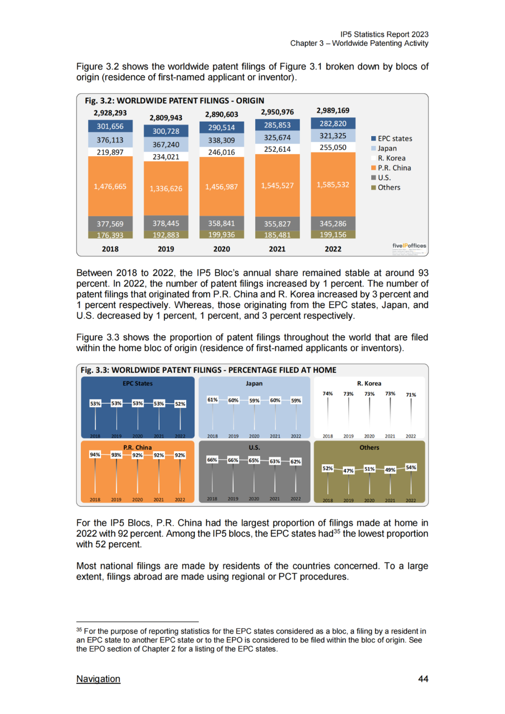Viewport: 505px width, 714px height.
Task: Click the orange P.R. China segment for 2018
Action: click(110, 187)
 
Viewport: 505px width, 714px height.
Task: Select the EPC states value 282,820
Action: click(333, 124)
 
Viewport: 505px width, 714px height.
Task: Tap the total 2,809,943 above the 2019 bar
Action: click(166, 118)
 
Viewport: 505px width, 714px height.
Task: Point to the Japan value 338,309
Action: click(222, 140)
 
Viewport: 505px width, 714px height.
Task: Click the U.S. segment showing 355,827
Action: click(277, 224)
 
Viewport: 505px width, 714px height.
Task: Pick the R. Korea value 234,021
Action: click(166, 157)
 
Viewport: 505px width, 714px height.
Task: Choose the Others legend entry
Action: click(389, 188)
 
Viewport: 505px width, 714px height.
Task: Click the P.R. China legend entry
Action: click(394, 168)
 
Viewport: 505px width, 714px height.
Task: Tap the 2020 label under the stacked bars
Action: click(222, 249)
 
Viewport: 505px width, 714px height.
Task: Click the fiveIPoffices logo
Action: click(409, 245)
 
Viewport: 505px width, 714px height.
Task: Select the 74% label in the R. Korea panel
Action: click(328, 394)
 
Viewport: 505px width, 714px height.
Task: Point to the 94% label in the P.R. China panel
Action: click(95, 454)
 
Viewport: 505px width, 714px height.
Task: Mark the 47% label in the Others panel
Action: click(348, 471)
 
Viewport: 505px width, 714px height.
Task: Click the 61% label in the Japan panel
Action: click(212, 400)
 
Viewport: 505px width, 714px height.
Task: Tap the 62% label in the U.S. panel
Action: click(296, 462)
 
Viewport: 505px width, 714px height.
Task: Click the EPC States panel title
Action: click(137, 383)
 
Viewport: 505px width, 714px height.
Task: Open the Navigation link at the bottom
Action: click(98, 679)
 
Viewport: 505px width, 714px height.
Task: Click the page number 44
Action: click(423, 679)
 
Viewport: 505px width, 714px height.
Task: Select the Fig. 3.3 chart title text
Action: click(209, 370)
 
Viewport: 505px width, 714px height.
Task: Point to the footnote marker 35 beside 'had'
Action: click(337, 531)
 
